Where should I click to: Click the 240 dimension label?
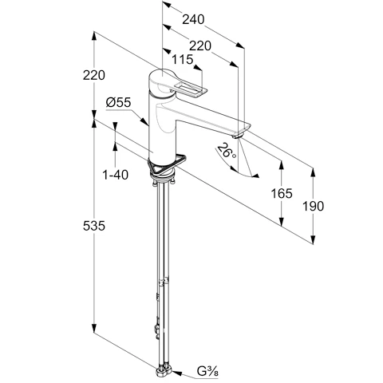[x=193, y=19]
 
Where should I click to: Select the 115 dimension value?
[x=182, y=59]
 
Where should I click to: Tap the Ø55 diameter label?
[x=119, y=102]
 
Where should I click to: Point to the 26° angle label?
[x=226, y=151]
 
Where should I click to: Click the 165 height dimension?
[x=282, y=193]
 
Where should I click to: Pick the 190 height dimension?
[x=314, y=206]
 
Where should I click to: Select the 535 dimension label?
[x=94, y=226]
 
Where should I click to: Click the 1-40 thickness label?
[x=115, y=175]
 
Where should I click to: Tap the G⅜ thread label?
[x=207, y=371]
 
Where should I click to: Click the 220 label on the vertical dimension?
[x=94, y=75]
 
